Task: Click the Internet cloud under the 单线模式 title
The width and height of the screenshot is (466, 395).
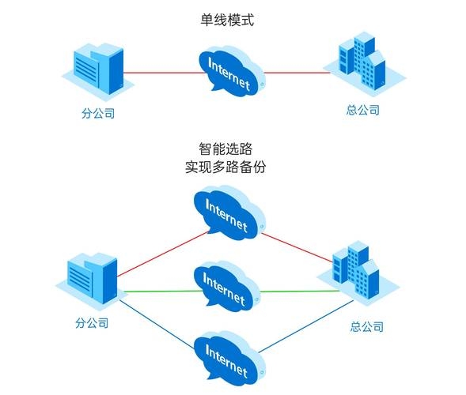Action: click(230, 72)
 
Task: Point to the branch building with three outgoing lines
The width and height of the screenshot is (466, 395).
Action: click(92, 283)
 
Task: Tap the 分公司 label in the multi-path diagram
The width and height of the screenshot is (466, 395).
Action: click(92, 323)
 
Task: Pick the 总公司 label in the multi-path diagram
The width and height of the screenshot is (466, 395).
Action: click(366, 326)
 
